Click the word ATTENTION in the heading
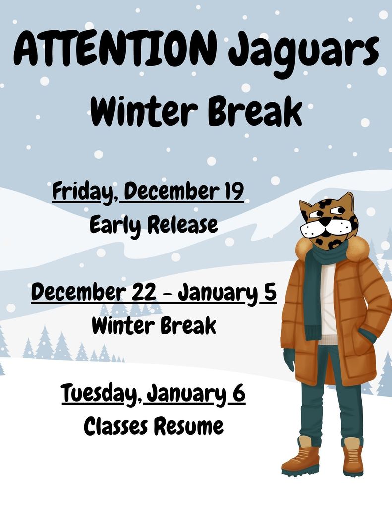(x=116, y=50)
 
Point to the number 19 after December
(x=231, y=191)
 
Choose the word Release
(x=182, y=224)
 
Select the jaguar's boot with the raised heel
(x=300, y=456)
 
